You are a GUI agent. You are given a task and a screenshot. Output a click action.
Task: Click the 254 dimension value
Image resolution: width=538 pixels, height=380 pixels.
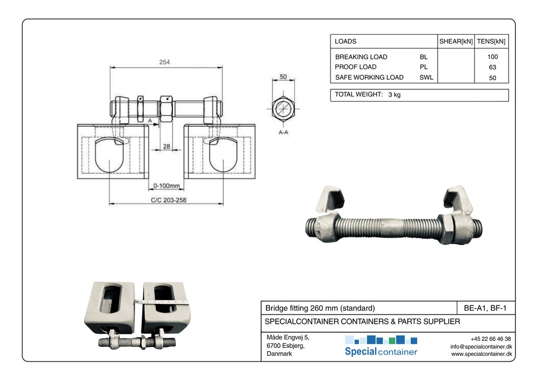164,62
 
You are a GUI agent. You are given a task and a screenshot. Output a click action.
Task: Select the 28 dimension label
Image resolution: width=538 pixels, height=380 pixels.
166,146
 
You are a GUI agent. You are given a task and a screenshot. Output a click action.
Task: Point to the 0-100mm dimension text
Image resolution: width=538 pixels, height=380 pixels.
167,186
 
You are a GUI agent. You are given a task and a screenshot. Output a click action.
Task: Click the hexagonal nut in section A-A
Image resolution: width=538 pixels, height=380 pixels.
283,109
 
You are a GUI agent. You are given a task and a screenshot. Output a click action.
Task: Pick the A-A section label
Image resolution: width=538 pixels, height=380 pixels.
283,133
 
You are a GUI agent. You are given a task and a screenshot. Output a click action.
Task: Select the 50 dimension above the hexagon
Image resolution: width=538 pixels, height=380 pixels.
283,77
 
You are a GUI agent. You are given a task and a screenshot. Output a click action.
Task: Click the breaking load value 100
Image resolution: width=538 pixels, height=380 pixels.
492,57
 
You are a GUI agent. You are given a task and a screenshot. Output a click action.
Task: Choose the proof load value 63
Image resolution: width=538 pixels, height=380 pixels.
492,67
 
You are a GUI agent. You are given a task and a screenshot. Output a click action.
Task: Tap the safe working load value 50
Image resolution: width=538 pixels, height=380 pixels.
492,78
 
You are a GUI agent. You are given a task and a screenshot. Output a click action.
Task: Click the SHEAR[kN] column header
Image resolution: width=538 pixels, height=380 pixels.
456,41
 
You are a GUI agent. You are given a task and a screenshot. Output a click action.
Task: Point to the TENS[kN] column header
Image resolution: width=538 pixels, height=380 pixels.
491,41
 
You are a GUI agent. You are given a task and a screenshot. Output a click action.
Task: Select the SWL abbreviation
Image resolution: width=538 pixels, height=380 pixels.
426,78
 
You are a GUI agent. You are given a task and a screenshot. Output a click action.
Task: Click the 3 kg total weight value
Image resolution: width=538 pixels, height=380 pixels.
394,95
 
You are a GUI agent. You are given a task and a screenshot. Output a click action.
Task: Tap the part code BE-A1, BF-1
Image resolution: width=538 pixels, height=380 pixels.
485,308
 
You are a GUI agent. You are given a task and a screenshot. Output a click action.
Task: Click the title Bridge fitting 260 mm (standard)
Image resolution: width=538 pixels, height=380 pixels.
320,308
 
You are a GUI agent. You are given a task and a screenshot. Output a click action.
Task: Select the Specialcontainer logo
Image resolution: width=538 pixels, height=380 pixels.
381,346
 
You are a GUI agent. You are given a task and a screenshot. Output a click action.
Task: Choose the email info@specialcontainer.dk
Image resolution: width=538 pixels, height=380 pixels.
481,346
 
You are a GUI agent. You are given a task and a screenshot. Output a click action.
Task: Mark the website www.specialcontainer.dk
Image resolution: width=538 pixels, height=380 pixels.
481,354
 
